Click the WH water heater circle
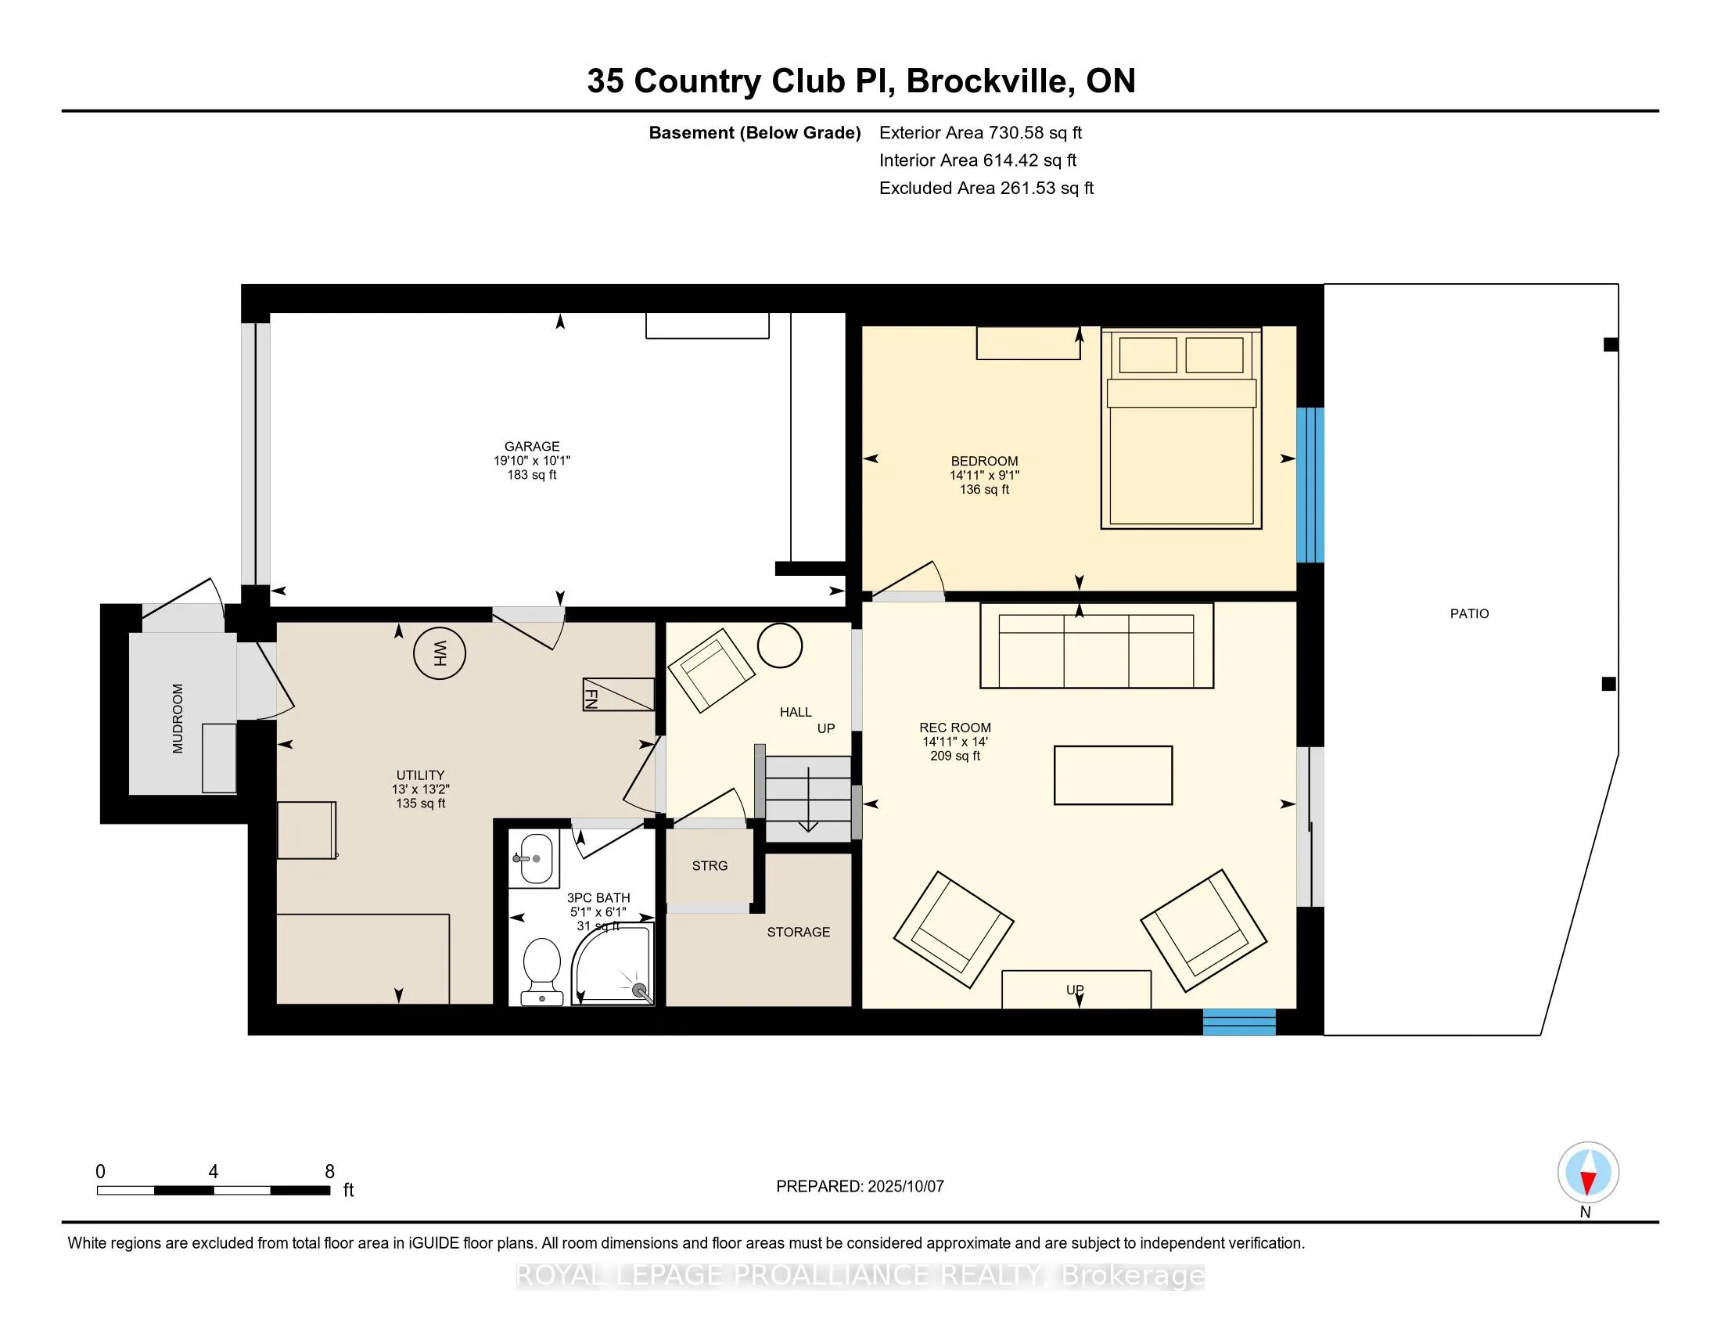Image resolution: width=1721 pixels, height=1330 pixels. click(x=440, y=652)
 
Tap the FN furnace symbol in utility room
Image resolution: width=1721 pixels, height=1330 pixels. click(x=619, y=694)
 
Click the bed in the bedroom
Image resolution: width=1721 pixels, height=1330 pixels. click(x=1181, y=428)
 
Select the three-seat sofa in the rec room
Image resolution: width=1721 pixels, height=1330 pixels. click(x=1096, y=645)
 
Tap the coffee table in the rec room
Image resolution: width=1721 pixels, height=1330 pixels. click(x=1112, y=775)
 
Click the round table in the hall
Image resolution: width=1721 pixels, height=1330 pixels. click(x=779, y=646)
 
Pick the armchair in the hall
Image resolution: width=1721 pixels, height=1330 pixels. click(x=711, y=670)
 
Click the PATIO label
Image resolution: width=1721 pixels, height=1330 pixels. click(x=1470, y=614)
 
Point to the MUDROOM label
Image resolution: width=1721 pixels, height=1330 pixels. click(x=178, y=718)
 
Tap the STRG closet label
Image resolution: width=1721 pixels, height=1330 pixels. click(x=710, y=866)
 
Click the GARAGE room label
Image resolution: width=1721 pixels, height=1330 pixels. click(x=532, y=446)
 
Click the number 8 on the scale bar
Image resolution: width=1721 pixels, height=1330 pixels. click(x=329, y=1172)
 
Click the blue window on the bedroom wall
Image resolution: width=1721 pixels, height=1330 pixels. click(x=1310, y=484)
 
